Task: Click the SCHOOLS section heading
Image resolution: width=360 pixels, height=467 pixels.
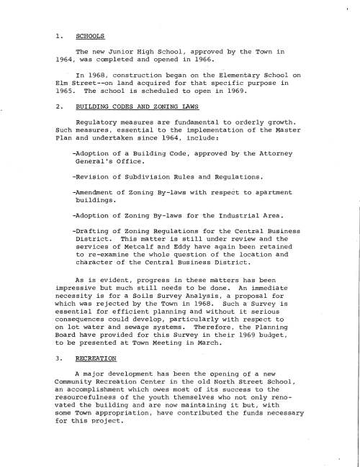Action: pos(91,35)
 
